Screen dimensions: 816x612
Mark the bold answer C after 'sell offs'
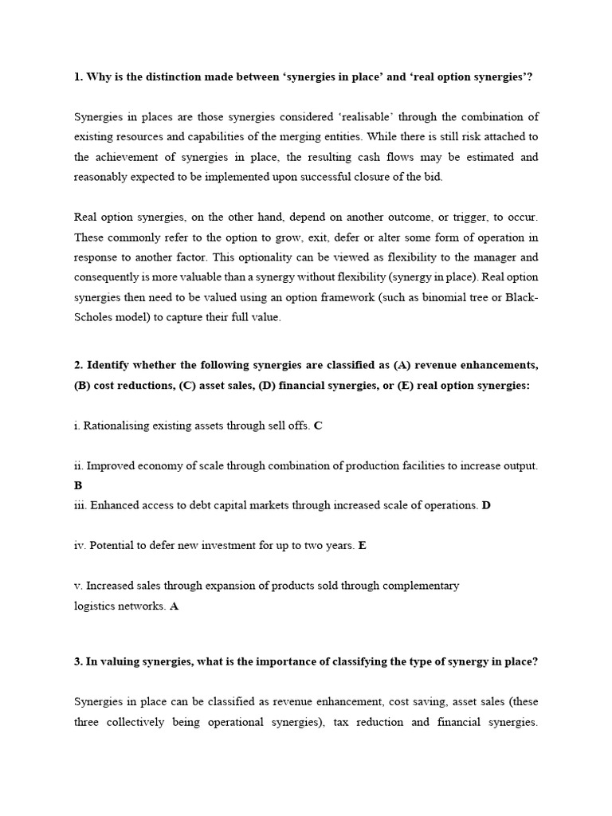(x=318, y=426)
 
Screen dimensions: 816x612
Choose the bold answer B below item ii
(x=78, y=484)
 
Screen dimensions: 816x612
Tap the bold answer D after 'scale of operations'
(x=486, y=504)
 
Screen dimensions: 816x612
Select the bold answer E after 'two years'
(x=363, y=546)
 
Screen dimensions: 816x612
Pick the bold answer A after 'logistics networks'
(x=175, y=606)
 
